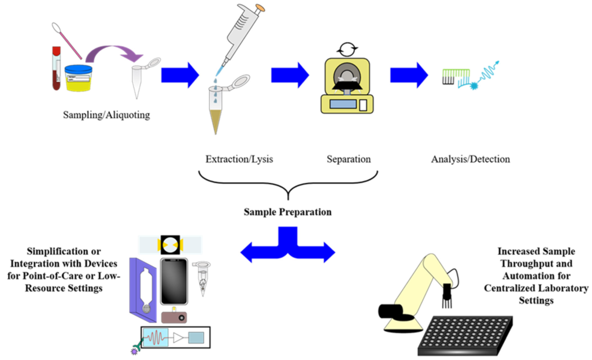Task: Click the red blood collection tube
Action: pos(55,69)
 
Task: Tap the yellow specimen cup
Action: pos(79,79)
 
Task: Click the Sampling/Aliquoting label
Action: pos(106,115)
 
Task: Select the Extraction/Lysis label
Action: pos(239,159)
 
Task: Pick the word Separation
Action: pos(349,159)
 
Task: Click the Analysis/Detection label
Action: pos(471,159)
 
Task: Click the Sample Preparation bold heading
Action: pos(288,211)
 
